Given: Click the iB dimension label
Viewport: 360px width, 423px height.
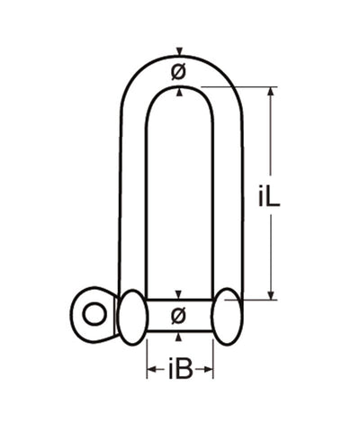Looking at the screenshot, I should click(x=180, y=369).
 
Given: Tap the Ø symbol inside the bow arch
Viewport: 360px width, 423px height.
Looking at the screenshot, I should click(x=179, y=70).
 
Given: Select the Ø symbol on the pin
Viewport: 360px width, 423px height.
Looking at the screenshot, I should click(x=179, y=314).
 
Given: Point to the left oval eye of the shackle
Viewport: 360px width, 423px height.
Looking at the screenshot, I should click(x=131, y=316).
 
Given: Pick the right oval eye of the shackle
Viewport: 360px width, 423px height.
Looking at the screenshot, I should click(x=227, y=316).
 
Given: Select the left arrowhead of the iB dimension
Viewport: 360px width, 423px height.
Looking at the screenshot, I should click(x=151, y=369).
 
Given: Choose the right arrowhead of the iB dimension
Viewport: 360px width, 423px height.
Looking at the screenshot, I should click(x=209, y=369).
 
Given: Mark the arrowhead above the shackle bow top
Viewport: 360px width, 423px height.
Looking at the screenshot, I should click(x=179, y=50).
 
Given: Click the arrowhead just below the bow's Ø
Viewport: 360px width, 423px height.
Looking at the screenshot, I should click(x=179, y=90).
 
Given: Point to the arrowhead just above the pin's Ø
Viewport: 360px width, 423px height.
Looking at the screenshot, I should click(x=179, y=295).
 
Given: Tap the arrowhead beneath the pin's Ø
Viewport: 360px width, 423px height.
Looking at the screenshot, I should click(x=179, y=337).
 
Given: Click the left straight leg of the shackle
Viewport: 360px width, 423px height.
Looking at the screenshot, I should click(x=132, y=198).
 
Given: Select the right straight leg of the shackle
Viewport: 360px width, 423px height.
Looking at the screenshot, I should click(x=226, y=198).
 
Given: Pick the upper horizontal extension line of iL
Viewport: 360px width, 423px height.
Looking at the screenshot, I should click(x=238, y=86).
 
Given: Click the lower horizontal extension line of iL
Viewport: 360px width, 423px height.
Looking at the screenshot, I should click(x=256, y=299).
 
